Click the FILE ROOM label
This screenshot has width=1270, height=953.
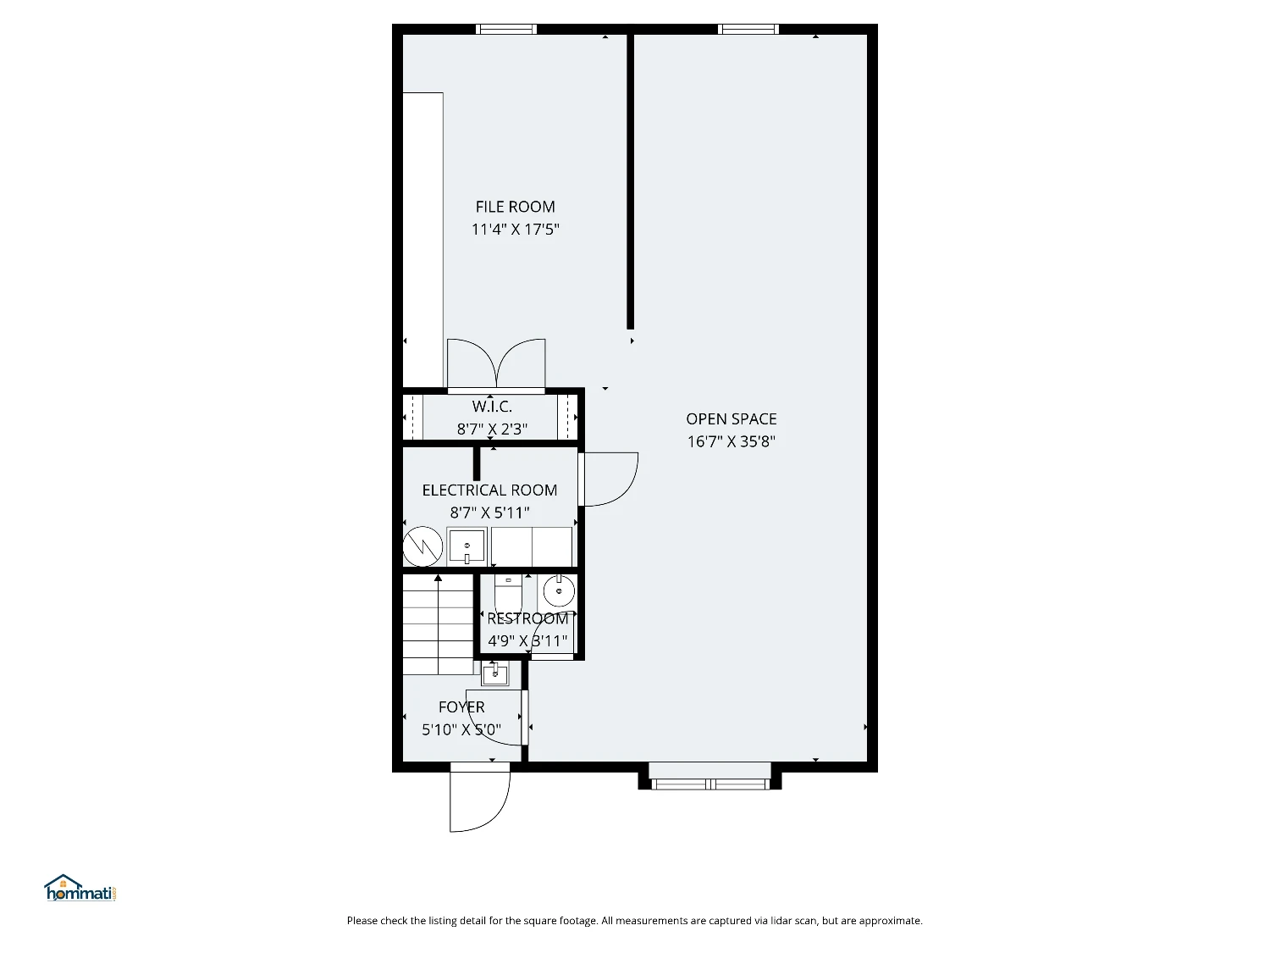(x=515, y=207)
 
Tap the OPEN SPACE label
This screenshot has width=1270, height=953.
(x=732, y=419)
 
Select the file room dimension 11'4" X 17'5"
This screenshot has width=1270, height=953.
(x=515, y=230)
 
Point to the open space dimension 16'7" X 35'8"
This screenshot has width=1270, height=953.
(x=732, y=441)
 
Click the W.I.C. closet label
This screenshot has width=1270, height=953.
(x=492, y=407)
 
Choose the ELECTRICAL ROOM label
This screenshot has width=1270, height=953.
(x=489, y=490)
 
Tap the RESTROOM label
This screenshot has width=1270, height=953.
(x=527, y=618)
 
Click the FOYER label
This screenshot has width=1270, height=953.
(x=461, y=707)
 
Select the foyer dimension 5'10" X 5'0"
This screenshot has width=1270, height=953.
(x=461, y=729)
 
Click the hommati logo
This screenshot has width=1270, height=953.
(x=80, y=888)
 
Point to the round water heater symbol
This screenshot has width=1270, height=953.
(x=423, y=546)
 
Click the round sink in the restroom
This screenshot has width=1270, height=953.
(x=559, y=591)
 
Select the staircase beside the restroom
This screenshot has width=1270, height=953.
(x=438, y=624)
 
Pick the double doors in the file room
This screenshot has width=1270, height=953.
(x=496, y=363)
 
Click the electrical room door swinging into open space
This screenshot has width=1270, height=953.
(x=608, y=479)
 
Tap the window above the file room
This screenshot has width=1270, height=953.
(x=506, y=29)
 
